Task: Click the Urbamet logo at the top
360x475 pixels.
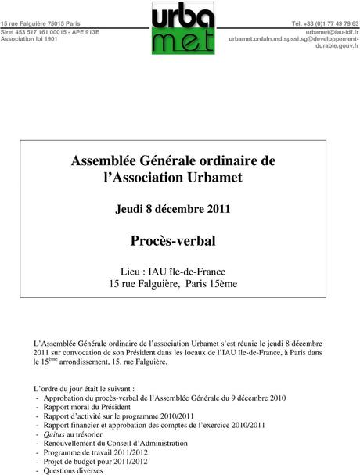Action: point(182,28)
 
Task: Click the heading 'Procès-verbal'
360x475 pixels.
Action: point(173,239)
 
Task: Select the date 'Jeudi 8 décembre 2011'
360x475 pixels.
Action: point(173,210)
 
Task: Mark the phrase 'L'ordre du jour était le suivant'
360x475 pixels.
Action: point(84,388)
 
